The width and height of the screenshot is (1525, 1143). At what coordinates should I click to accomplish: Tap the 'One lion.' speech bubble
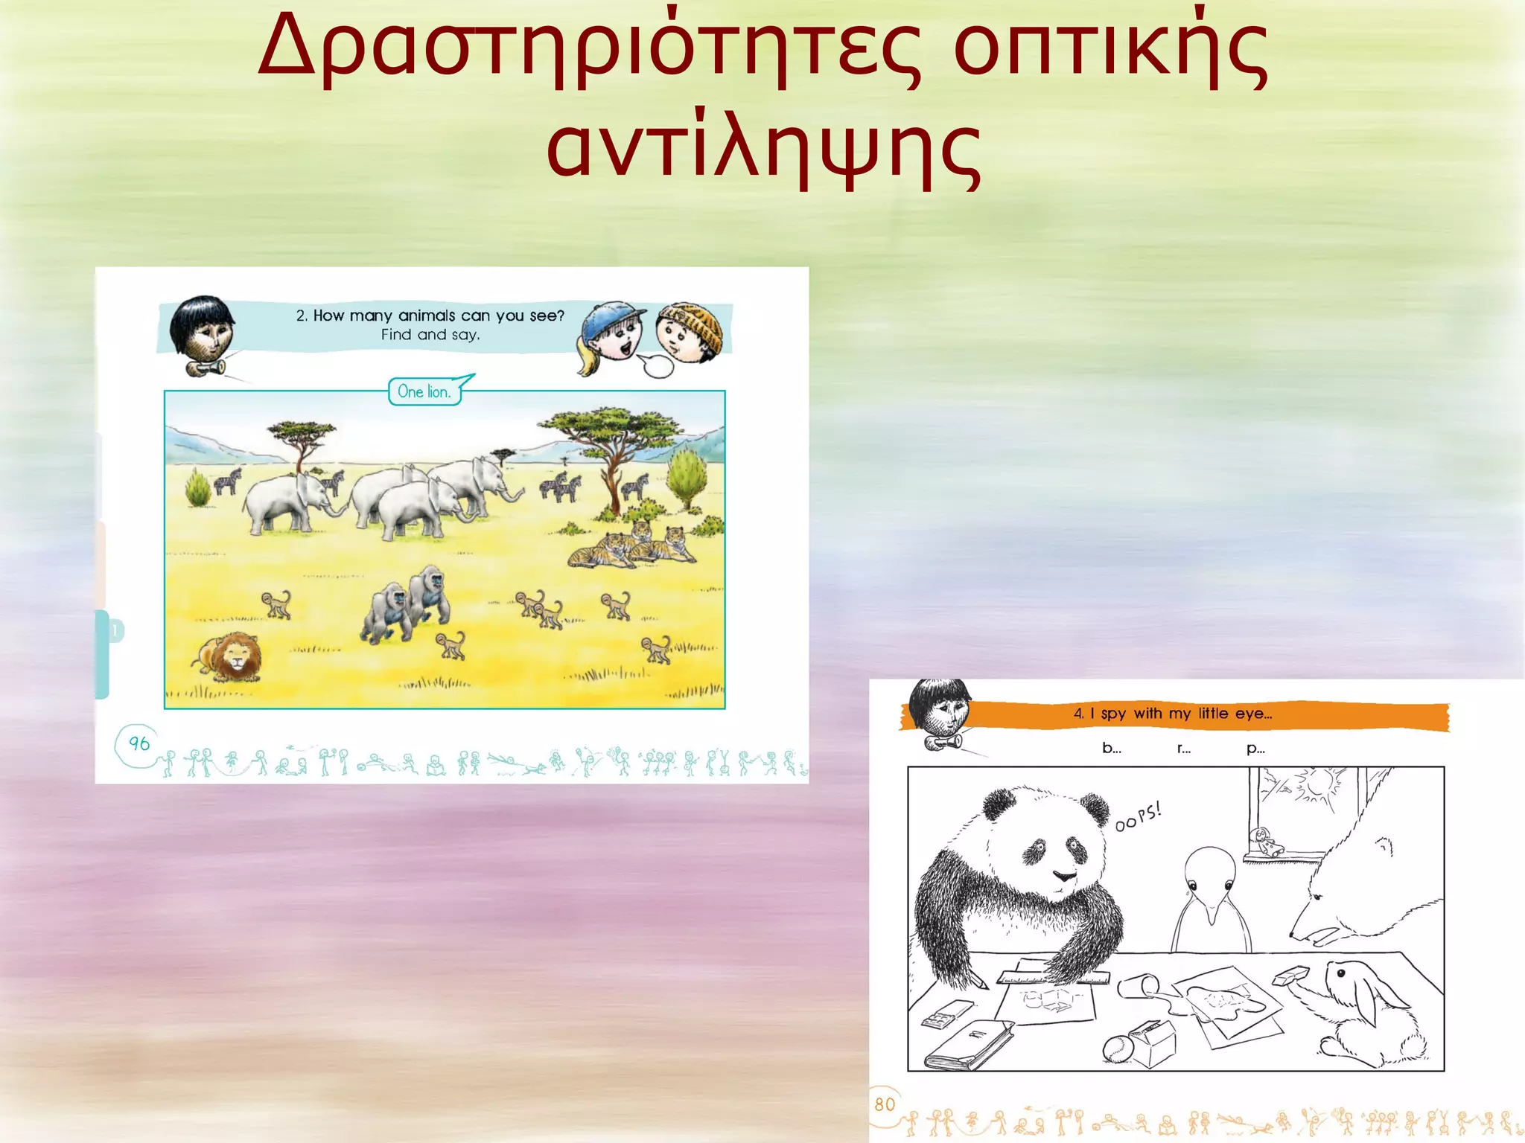[x=424, y=391]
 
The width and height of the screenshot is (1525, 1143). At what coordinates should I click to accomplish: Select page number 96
[x=139, y=743]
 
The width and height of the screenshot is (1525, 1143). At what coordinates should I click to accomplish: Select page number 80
[x=885, y=1104]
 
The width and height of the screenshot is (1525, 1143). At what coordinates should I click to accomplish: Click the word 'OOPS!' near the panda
[x=1138, y=816]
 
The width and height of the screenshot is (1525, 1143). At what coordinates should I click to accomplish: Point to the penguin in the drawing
[x=1211, y=900]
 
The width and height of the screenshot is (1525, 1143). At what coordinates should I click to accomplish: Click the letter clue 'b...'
[x=1111, y=749]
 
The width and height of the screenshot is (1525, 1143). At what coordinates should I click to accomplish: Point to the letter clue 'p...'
[x=1255, y=749]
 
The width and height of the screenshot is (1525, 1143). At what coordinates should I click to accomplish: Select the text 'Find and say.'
[x=430, y=335]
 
